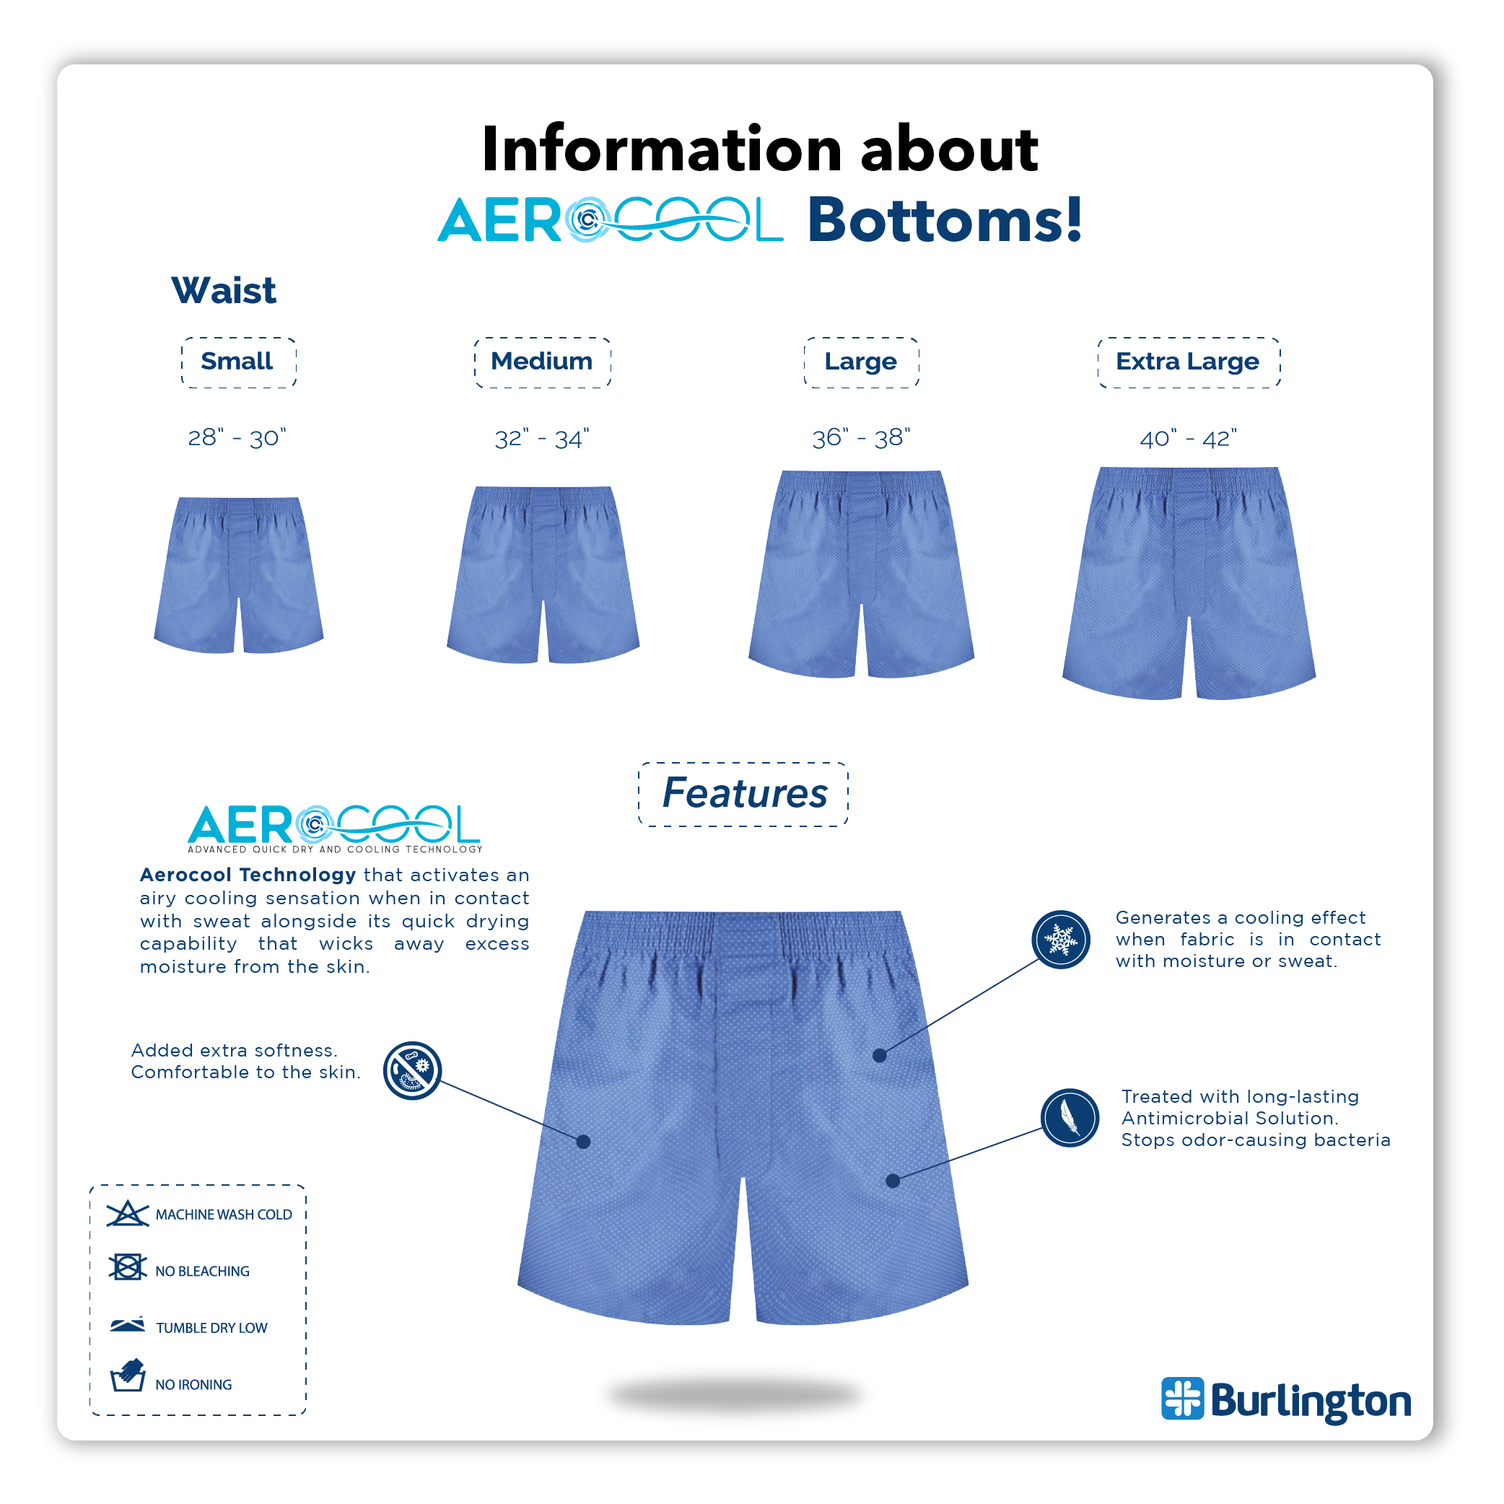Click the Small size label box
[x=238, y=363]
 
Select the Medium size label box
[x=542, y=363]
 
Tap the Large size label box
[x=861, y=363]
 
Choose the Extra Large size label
[x=1188, y=363]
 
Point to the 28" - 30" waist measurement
[x=237, y=438]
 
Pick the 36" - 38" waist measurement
[x=861, y=438]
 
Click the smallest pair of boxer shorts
[x=239, y=576]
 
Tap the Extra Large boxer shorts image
[x=1188, y=584]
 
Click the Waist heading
[x=224, y=291]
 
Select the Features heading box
[x=743, y=794]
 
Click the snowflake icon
[x=1060, y=940]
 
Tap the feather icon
[x=1070, y=1118]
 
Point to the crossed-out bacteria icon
[x=413, y=1070]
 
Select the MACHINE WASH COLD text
[x=224, y=1215]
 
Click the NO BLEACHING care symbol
[x=128, y=1267]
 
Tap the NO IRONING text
[x=194, y=1385]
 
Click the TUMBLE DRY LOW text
[x=211, y=1328]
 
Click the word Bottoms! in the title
[x=944, y=221]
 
